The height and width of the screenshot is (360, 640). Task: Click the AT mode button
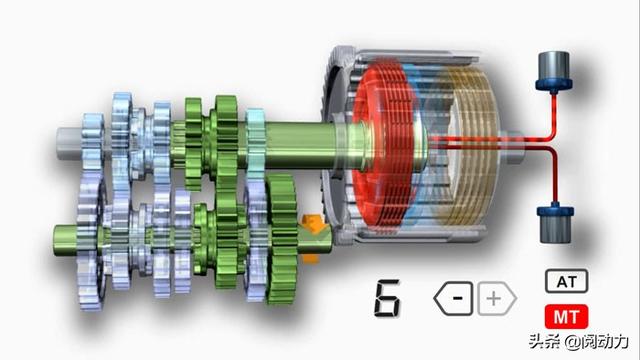(x=567, y=281)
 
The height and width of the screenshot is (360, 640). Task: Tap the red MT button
(x=567, y=316)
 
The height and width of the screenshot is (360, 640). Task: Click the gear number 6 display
(x=387, y=299)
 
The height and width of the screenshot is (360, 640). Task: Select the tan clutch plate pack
(x=469, y=146)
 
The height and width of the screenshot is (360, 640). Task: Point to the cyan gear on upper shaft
(x=256, y=143)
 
